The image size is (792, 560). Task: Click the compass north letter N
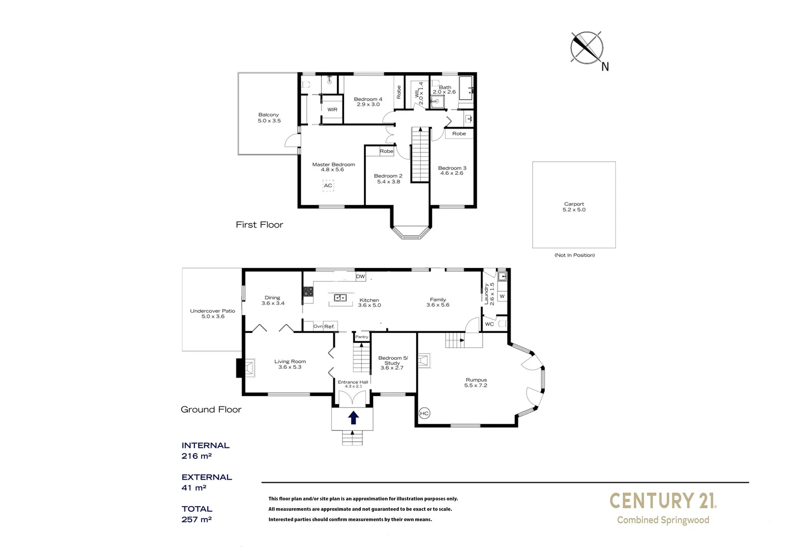click(605, 66)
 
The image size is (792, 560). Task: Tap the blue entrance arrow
click(353, 417)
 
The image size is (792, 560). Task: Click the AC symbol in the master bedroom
click(328, 186)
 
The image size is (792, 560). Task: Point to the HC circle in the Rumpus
click(425, 413)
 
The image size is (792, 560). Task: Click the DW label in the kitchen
click(361, 277)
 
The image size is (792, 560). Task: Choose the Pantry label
click(362, 337)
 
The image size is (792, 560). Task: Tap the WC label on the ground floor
click(489, 324)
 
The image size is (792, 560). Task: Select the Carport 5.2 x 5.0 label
click(574, 207)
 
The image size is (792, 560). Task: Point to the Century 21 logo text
click(663, 501)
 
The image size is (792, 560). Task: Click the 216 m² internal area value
click(196, 456)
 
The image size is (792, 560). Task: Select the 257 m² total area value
click(196, 520)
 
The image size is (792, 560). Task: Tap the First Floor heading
click(259, 225)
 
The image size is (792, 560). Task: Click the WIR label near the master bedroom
click(332, 110)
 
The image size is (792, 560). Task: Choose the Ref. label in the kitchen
click(330, 327)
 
